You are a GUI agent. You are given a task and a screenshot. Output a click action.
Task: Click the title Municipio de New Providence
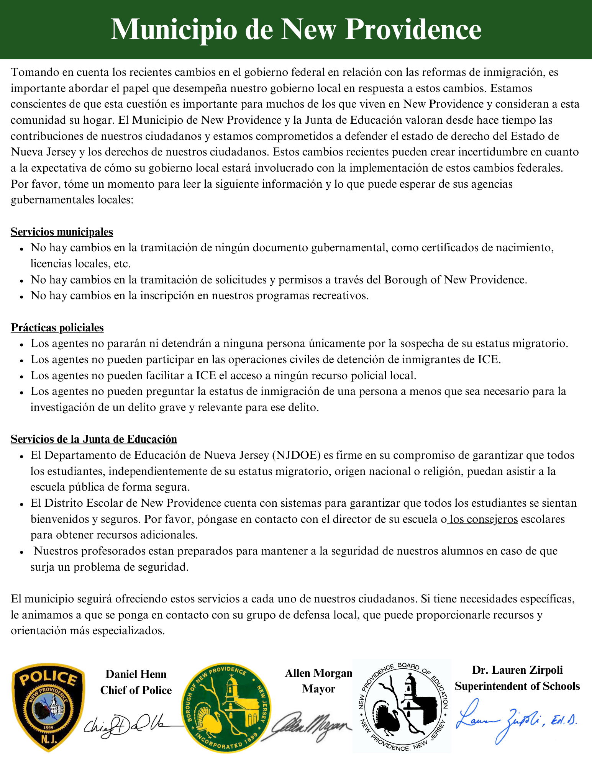click(296, 29)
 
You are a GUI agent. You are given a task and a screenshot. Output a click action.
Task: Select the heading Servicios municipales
click(62, 232)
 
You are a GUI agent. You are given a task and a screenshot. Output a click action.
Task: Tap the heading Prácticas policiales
click(57, 327)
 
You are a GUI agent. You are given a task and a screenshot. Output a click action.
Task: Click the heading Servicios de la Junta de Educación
click(94, 439)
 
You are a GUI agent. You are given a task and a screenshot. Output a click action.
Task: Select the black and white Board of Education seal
click(402, 707)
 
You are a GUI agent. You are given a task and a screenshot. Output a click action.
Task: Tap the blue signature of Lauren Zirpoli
click(515, 720)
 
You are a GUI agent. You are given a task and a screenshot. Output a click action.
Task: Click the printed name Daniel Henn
click(136, 674)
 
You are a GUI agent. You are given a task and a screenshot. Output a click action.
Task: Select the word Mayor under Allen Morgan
click(318, 689)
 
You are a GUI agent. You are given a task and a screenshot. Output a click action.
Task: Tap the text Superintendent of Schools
click(517, 686)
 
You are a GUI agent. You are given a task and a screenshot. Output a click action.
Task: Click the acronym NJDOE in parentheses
click(297, 455)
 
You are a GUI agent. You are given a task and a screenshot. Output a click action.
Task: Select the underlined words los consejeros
click(484, 519)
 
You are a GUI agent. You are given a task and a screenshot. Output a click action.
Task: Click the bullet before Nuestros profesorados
click(21, 552)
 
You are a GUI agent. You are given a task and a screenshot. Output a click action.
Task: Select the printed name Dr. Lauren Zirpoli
click(517, 670)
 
